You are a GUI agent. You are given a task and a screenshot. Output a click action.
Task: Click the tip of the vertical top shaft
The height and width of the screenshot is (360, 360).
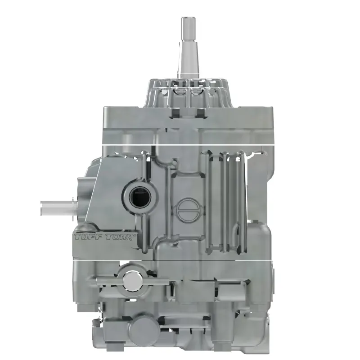[188, 19]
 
